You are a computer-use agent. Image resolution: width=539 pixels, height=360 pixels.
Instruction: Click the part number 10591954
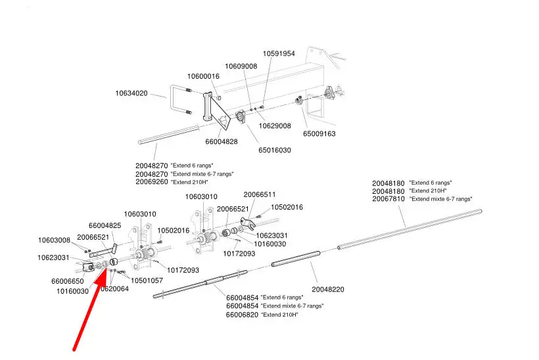point(279,54)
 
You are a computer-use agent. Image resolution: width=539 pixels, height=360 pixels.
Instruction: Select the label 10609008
point(241,66)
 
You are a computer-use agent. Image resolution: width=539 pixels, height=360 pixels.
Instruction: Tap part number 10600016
point(203,76)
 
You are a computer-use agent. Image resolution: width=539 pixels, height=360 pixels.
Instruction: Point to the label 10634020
point(131,94)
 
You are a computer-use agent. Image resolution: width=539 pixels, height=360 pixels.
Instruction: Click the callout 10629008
point(274,125)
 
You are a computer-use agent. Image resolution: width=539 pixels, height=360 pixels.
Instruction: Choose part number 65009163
point(319,133)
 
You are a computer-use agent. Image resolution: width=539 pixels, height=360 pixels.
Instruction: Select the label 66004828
point(222,141)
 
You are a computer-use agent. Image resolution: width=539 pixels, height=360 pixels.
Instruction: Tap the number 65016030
point(275,150)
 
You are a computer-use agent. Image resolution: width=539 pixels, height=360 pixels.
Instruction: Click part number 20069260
point(152,182)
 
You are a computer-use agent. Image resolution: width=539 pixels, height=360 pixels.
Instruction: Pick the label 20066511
point(260,194)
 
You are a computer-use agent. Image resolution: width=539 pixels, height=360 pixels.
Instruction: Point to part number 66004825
point(105,225)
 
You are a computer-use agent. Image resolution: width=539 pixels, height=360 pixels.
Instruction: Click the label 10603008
point(54,240)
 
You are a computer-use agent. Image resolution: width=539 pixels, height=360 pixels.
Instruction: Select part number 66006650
point(67,281)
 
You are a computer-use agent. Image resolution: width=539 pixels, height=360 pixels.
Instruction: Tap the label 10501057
point(147,281)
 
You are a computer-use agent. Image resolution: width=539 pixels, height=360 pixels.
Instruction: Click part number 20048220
point(328,288)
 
